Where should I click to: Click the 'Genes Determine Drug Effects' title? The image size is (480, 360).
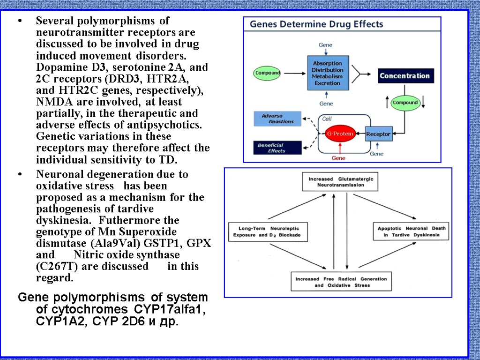316,24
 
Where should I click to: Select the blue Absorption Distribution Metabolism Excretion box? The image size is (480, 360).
328,73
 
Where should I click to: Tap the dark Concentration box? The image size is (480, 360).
405,75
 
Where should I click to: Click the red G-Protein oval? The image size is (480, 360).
340,134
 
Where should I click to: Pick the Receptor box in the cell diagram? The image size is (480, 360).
378,134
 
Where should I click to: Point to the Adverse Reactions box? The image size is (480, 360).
277,119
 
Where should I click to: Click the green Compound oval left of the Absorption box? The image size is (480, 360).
268,73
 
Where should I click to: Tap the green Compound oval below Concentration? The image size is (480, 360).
405,103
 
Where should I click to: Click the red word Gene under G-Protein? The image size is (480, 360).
338,158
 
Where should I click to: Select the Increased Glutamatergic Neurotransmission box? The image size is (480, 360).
339,182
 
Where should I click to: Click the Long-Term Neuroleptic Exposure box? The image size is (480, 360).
267,232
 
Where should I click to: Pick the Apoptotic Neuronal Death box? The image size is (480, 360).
412,232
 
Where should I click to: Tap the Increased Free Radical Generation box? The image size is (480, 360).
341,282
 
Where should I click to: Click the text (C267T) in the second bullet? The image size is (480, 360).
54,267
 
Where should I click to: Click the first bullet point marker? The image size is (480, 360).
19,22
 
